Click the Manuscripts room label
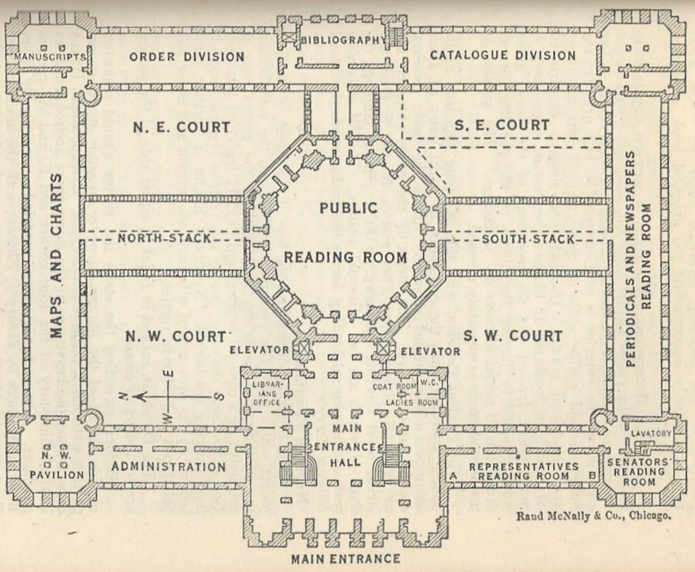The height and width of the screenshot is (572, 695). (x=49, y=57)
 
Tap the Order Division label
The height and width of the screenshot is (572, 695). (x=187, y=57)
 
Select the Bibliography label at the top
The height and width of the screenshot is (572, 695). (x=344, y=40)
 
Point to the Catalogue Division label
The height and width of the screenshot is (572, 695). (x=503, y=55)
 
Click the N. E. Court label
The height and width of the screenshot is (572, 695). (x=182, y=127)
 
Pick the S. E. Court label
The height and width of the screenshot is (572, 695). (x=502, y=125)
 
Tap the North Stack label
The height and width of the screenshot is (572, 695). (x=164, y=238)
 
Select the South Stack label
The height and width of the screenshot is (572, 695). (x=528, y=239)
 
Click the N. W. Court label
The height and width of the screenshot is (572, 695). (x=176, y=337)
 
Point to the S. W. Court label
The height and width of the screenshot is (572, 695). (x=513, y=336)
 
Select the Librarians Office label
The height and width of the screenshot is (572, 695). (x=267, y=392)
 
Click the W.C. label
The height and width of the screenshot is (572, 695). (x=428, y=382)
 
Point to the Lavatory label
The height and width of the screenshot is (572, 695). (x=651, y=433)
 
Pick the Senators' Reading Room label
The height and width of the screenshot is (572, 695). (x=639, y=471)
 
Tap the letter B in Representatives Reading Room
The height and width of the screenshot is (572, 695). (x=592, y=476)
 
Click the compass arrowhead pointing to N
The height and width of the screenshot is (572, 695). (x=141, y=396)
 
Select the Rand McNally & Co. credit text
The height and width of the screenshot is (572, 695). (x=593, y=516)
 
